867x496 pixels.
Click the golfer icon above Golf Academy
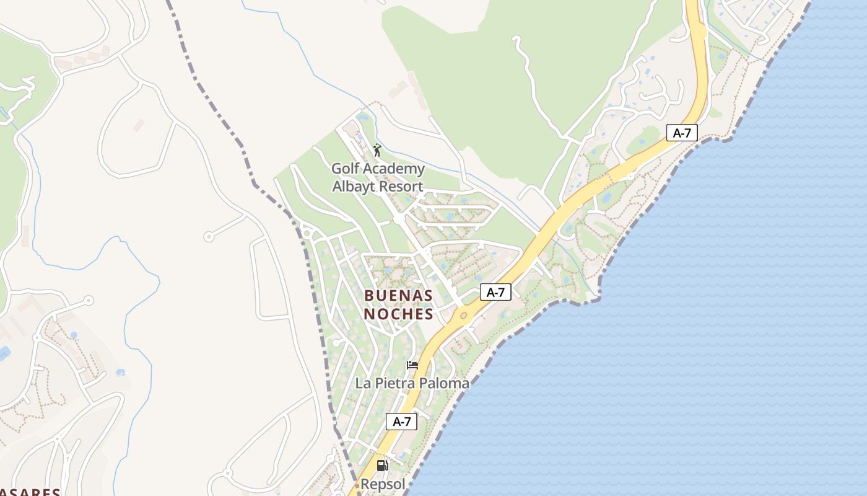(377, 150)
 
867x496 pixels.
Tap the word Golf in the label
(345, 169)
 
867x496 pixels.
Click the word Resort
(403, 186)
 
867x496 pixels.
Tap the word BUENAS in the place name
(398, 296)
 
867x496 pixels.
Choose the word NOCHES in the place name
(398, 314)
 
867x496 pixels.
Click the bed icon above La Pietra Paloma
(412, 365)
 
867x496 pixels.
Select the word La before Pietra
(363, 383)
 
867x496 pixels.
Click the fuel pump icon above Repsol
(383, 465)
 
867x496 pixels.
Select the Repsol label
(383, 484)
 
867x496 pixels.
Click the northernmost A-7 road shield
(682, 132)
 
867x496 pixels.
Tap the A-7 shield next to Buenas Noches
(495, 292)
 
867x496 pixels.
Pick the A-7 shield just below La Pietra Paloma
(402, 422)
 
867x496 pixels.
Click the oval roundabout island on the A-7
(463, 316)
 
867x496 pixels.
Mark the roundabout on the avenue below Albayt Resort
(398, 219)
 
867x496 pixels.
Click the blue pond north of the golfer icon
(364, 117)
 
